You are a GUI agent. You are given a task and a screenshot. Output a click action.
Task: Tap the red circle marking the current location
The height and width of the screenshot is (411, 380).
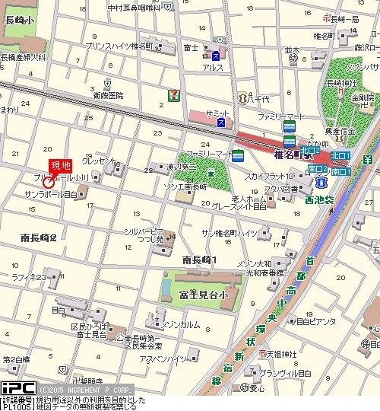click(49, 183)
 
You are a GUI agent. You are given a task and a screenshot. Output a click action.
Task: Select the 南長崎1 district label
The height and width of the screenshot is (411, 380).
click(200, 260)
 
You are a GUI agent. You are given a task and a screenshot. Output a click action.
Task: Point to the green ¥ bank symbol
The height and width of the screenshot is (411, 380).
click(367, 160)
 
